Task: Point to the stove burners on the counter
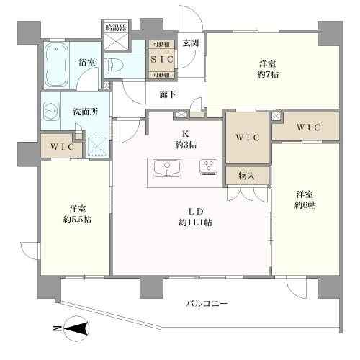210,167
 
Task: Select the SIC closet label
161,58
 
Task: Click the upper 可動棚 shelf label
160,45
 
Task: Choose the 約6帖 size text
305,205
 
